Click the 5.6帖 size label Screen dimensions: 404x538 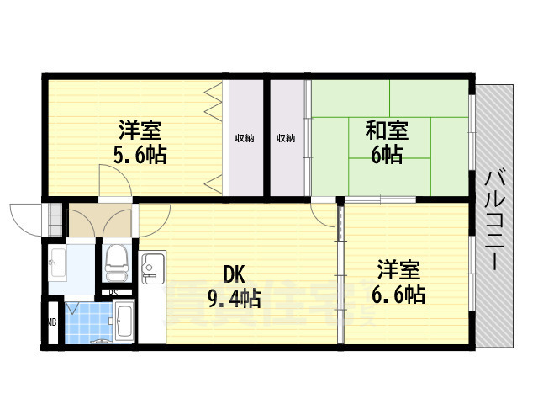[x=140, y=154]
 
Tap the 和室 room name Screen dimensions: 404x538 [x=387, y=131]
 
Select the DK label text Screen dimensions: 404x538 [x=234, y=274]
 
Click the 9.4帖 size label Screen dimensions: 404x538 [x=235, y=298]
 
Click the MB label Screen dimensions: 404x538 [x=50, y=322]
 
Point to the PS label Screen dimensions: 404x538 [x=113, y=292]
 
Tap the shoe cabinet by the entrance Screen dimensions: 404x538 [x=55, y=221]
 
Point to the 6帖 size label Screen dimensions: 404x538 [x=387, y=155]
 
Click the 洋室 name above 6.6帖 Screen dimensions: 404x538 [x=398, y=271]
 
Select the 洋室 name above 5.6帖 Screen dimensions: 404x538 [x=140, y=131]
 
